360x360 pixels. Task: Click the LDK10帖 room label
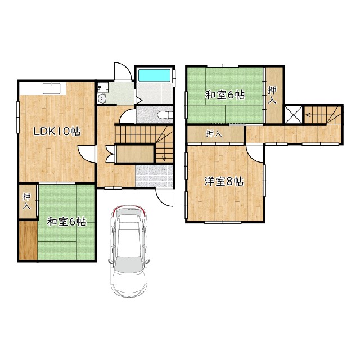57,131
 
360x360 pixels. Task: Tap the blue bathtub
154,75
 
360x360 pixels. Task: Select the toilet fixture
166,114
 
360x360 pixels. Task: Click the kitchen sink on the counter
52,88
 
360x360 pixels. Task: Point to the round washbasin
101,98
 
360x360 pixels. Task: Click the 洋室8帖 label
224,182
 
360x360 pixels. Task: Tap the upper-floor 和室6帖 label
225,95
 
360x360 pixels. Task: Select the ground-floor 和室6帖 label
66,222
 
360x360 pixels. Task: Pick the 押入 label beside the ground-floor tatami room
26,201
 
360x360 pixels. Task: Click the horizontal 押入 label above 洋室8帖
214,133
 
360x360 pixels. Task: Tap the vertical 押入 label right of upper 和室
272,95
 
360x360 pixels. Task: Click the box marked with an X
294,114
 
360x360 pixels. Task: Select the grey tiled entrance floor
154,175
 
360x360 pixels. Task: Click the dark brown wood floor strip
28,241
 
